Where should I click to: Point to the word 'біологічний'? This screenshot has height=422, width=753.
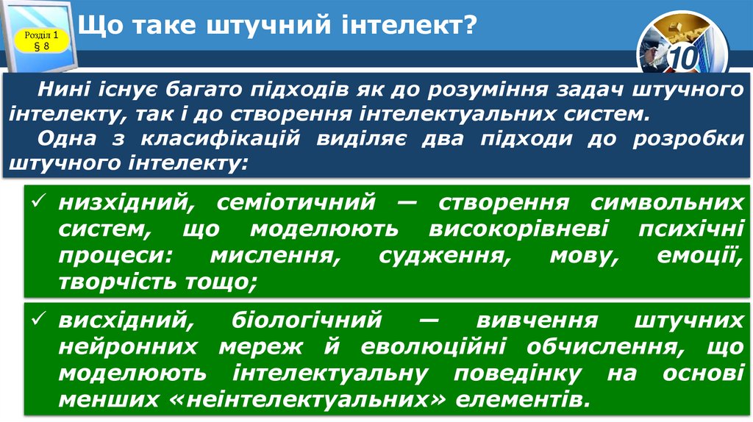(307, 321)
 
